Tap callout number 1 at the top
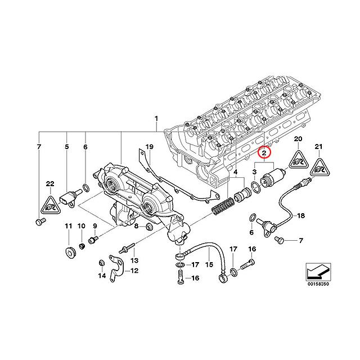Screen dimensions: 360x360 (157, 119)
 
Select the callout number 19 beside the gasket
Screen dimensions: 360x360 (150, 148)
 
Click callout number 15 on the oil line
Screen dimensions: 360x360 (209, 264)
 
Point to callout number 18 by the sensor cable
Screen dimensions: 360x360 (300, 215)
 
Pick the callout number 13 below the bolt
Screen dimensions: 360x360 (134, 261)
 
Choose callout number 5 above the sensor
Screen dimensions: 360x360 (66, 148)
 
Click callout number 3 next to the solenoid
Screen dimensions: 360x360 (255, 172)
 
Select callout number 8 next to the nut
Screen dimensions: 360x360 (136, 226)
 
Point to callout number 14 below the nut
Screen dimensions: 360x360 (102, 276)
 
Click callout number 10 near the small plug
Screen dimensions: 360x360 (81, 226)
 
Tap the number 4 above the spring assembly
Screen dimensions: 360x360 (235, 172)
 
